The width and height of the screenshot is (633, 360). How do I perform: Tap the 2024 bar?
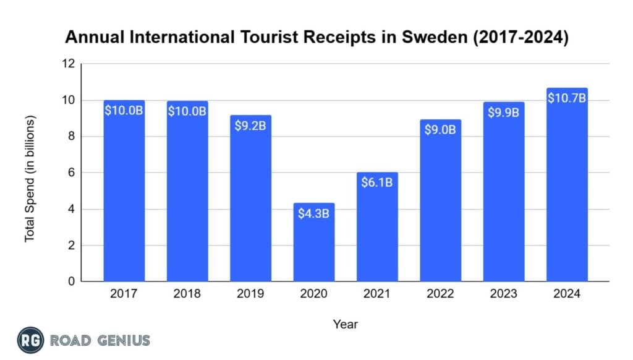(x=567, y=186)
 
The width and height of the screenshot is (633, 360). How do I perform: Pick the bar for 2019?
(x=250, y=199)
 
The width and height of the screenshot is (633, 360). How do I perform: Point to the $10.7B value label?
(x=567, y=98)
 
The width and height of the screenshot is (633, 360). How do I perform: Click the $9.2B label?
(x=250, y=126)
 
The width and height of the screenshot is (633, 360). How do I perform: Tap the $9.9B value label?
(x=504, y=113)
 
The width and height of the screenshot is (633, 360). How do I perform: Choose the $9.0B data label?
(x=440, y=130)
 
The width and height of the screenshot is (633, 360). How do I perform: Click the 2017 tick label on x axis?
(x=124, y=294)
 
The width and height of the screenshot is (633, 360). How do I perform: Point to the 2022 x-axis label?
(x=440, y=294)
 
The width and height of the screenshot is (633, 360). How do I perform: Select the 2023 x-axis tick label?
(x=504, y=294)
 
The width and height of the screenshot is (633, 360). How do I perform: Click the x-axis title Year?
(x=346, y=324)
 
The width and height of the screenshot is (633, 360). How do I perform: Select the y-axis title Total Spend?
(x=30, y=179)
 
